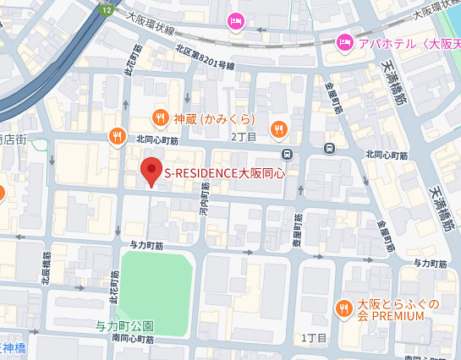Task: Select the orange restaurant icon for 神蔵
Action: [x=159, y=117]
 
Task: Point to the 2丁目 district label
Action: [x=243, y=135]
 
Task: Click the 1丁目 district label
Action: [x=314, y=337]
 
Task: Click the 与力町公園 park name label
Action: [x=123, y=325]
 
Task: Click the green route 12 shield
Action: [x=106, y=8]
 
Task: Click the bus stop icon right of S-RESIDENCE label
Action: [x=288, y=154]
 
